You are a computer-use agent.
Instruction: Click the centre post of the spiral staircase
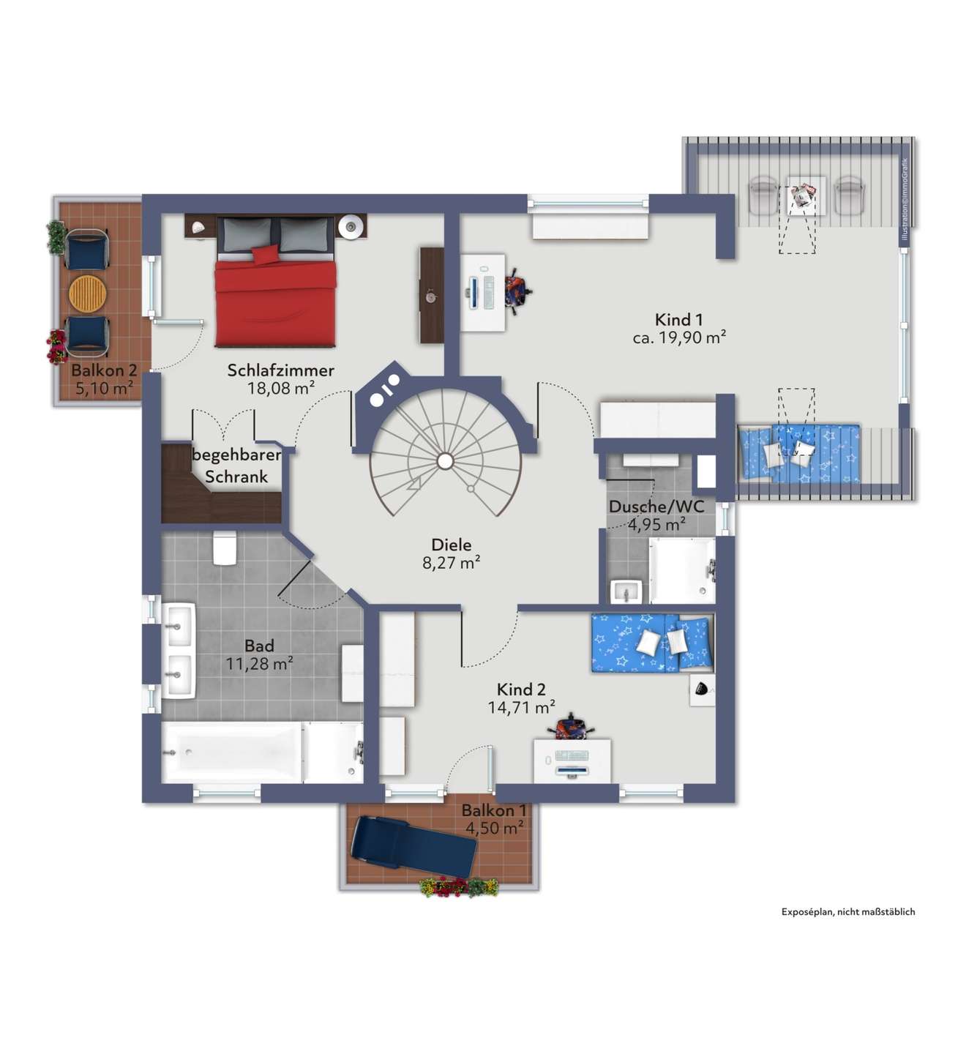click(x=445, y=461)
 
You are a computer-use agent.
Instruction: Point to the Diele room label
click(x=451, y=545)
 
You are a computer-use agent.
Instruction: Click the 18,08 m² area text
click(x=280, y=388)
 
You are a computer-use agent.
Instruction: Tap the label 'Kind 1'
click(x=678, y=319)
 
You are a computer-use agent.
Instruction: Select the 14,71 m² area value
click(x=521, y=707)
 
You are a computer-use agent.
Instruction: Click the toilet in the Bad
click(x=225, y=547)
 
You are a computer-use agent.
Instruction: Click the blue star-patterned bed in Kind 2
click(x=653, y=642)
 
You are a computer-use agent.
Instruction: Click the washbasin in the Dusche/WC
click(x=626, y=591)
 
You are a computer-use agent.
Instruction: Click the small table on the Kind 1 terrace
click(x=805, y=195)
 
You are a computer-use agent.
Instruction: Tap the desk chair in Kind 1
click(x=517, y=293)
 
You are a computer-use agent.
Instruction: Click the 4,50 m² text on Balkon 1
click(x=494, y=828)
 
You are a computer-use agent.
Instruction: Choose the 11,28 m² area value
click(x=259, y=664)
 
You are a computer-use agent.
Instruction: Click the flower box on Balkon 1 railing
click(x=459, y=887)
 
